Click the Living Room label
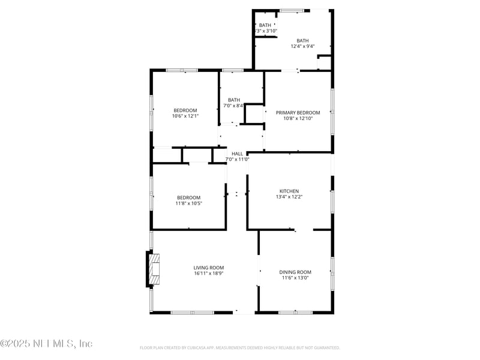pyautogui.click(x=209, y=268)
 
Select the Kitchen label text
pyautogui.click(x=289, y=191)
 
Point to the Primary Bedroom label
pyautogui.click(x=298, y=113)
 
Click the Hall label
pyautogui.click(x=238, y=154)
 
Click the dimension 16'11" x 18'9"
pyautogui.click(x=209, y=274)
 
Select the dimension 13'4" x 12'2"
pyautogui.click(x=289, y=197)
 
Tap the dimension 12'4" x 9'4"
pyautogui.click(x=302, y=46)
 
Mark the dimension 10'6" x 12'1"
pyautogui.click(x=185, y=116)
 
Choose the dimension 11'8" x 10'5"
pyautogui.click(x=188, y=203)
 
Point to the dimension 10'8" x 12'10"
pyautogui.click(x=298, y=119)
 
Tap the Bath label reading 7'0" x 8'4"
pyautogui.click(x=234, y=100)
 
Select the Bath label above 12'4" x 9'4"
pyautogui.click(x=302, y=41)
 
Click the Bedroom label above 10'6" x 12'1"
pyautogui.click(x=185, y=110)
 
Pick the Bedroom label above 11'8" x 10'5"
pyautogui.click(x=188, y=197)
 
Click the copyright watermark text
pyautogui.click(x=46, y=344)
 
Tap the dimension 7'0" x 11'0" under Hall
pyautogui.click(x=238, y=160)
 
